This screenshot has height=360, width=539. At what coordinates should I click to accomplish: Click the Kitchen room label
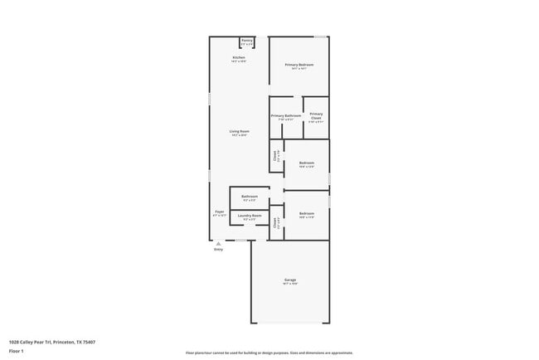[238, 58]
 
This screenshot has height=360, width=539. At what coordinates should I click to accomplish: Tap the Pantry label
[246, 41]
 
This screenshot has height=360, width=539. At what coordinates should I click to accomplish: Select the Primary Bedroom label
[299, 65]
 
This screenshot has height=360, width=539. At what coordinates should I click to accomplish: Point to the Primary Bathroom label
[285, 116]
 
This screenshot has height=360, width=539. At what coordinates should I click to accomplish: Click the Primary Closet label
[316, 116]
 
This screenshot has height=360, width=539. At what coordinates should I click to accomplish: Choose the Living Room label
[239, 132]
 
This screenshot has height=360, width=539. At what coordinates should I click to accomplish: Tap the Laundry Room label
[249, 216]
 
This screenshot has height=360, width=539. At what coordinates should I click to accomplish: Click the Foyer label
[219, 212]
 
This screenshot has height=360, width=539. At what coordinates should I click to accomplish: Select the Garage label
[289, 280]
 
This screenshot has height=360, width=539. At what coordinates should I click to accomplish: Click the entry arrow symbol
[219, 244]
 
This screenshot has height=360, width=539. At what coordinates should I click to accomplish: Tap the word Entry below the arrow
[219, 250]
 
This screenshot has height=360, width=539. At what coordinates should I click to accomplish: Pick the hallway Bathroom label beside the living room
[249, 197]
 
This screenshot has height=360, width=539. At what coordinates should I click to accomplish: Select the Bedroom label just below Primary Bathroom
[306, 163]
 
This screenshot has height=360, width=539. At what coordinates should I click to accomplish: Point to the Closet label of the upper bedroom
[275, 155]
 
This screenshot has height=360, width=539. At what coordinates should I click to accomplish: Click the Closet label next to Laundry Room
[275, 222]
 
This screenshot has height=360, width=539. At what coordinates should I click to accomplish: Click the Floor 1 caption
[17, 351]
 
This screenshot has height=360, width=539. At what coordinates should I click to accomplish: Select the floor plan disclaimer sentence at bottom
[269, 353]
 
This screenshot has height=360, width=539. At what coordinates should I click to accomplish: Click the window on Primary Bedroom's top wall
[320, 36]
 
